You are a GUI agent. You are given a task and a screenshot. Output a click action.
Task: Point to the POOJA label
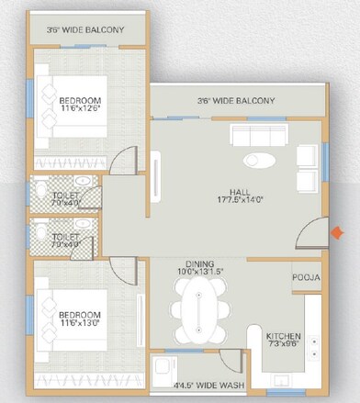click(x=305, y=276)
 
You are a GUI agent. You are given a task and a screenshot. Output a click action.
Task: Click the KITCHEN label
click(x=284, y=335)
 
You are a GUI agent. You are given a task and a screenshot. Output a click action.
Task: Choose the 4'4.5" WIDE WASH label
click(x=208, y=386)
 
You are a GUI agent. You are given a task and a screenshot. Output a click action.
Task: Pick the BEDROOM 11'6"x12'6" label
click(x=81, y=104)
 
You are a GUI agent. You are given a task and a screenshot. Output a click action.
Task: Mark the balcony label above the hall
click(x=236, y=100)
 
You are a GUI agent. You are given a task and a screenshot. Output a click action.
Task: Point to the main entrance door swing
click(x=314, y=235)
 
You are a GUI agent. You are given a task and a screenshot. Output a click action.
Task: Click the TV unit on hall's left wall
click(x=159, y=175)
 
